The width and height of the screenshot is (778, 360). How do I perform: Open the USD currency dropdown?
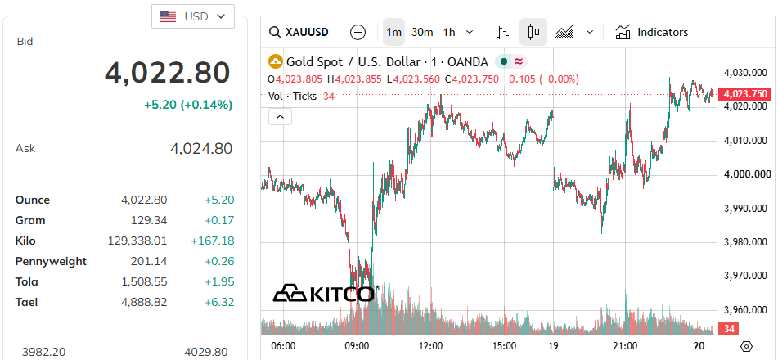[192, 16]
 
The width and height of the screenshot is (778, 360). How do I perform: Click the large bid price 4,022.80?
[167, 73]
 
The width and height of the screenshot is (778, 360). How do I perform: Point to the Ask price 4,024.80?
[201, 148]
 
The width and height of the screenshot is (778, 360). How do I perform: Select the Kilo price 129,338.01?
[137, 241]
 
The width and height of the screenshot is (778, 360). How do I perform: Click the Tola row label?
[27, 281]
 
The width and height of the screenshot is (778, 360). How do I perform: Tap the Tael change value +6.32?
[218, 302]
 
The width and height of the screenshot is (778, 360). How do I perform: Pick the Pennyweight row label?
[51, 261]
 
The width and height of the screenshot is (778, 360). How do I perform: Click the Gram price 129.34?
[149, 220]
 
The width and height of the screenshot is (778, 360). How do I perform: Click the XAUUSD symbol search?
[299, 32]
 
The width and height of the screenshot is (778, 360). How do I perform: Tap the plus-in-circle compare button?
[358, 32]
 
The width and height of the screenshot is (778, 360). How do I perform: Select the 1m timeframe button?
[394, 32]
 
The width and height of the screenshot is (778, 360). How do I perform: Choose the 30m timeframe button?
[422, 32]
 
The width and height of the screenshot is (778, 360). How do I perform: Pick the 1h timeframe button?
[449, 32]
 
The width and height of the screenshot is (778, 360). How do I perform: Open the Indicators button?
[651, 32]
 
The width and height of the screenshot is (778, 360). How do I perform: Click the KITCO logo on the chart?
[326, 294]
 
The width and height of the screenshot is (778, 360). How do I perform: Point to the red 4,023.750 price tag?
[745, 94]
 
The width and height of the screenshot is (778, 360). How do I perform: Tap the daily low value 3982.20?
[43, 352]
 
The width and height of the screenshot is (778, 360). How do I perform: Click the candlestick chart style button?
[533, 32]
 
